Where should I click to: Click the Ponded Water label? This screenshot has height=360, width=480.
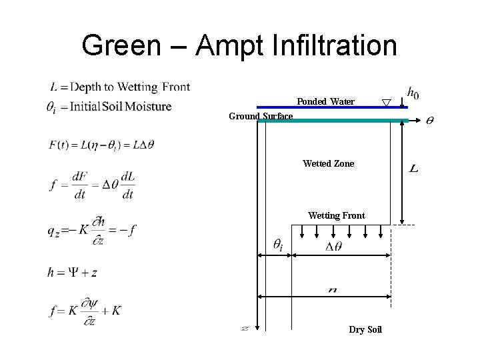pyautogui.click(x=325, y=101)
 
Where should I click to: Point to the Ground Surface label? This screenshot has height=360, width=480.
pyautogui.click(x=261, y=116)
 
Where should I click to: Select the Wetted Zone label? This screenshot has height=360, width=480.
pyautogui.click(x=328, y=163)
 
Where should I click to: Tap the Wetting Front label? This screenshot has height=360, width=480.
pyautogui.click(x=336, y=215)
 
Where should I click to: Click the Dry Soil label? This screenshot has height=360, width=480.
pyautogui.click(x=365, y=329)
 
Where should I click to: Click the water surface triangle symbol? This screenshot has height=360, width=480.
pyautogui.click(x=385, y=103)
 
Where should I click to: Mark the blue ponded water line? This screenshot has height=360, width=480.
pyautogui.click(x=320, y=107)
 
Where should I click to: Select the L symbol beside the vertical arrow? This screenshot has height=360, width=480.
pyautogui.click(x=414, y=169)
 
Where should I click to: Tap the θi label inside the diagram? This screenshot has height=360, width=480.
pyautogui.click(x=277, y=245)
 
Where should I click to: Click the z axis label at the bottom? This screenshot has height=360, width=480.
pyautogui.click(x=245, y=328)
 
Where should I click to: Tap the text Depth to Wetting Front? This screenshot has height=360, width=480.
pyautogui.click(x=130, y=87)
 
